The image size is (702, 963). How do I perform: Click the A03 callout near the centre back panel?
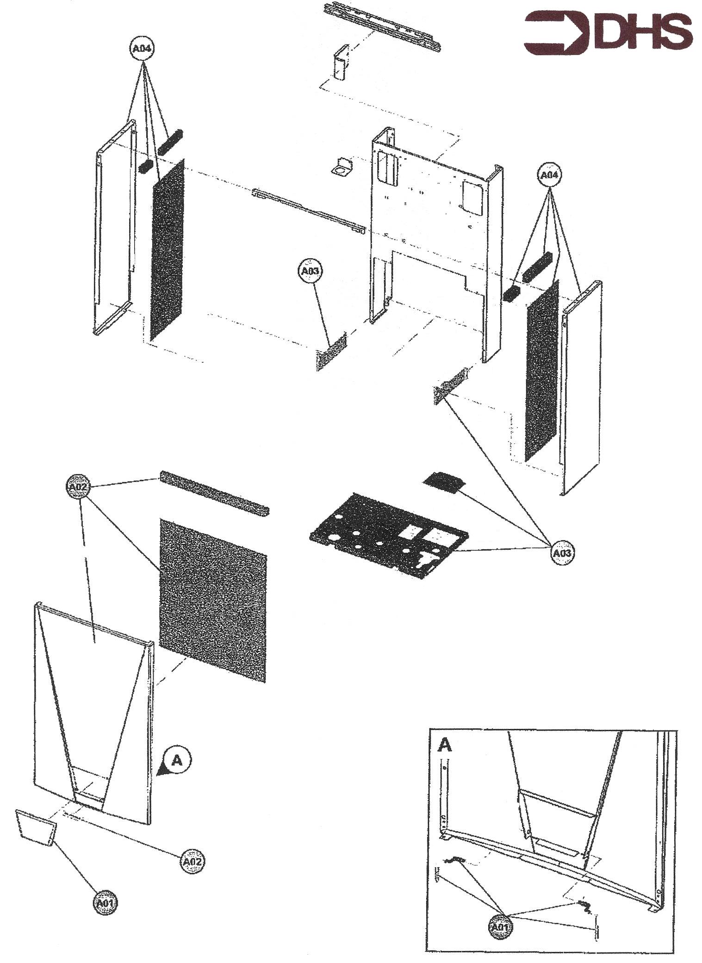pos(310,271)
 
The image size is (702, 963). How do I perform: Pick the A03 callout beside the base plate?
pos(562,553)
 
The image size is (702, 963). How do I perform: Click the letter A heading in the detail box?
pos(445,745)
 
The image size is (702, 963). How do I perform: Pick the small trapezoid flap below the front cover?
pos(36,826)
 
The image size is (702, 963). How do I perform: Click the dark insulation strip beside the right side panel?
pos(541,370)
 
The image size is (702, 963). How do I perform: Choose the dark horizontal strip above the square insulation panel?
pos(214,492)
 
